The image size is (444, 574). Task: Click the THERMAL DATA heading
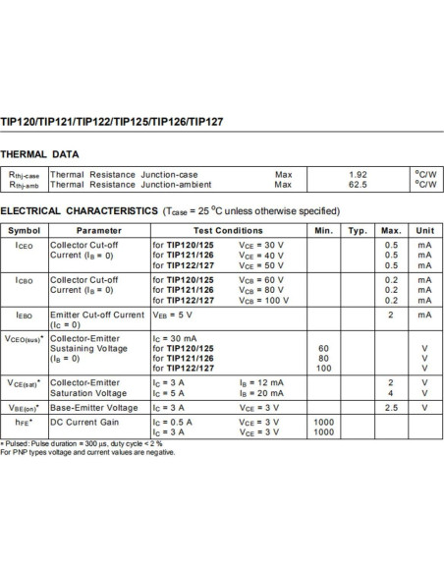[40, 154]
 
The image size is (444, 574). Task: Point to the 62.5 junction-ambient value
[358, 184]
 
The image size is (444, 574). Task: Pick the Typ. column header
[358, 230]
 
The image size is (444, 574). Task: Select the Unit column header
[425, 230]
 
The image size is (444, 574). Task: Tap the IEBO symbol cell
[24, 315]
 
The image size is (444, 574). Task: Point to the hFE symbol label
[24, 421]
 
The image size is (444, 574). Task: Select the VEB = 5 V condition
[175, 315]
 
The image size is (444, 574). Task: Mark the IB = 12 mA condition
[261, 381]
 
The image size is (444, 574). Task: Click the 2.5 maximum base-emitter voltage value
[391, 407]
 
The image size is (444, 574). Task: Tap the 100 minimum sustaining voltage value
[323, 368]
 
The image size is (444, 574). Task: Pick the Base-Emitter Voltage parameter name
[94, 407]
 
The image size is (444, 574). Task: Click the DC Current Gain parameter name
[84, 421]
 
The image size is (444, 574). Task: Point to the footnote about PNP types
[88, 452]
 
